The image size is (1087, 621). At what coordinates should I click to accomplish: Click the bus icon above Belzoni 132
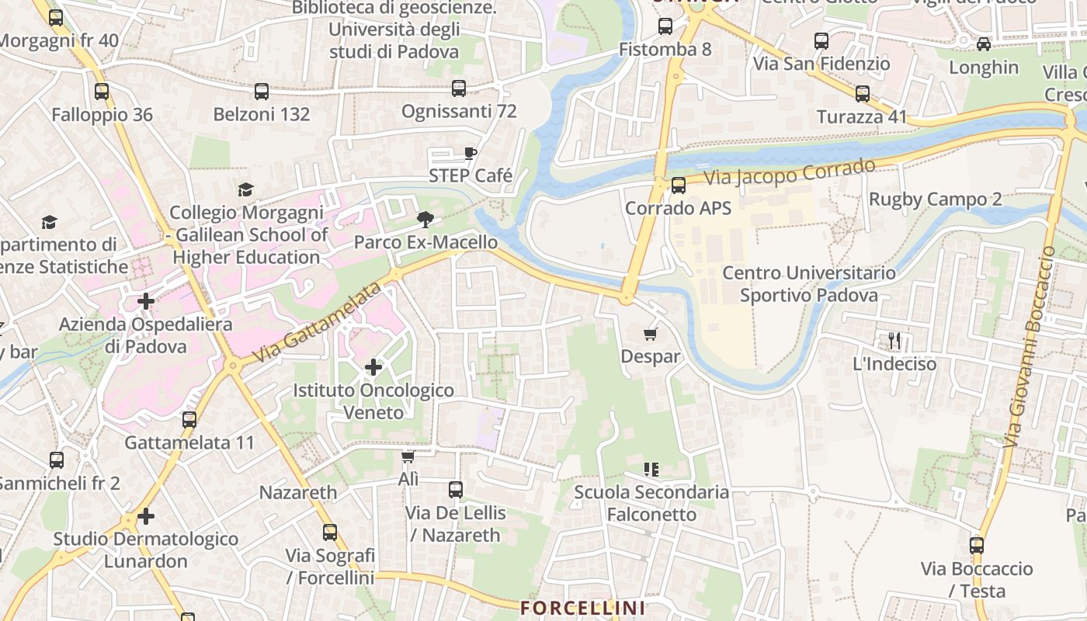(262, 92)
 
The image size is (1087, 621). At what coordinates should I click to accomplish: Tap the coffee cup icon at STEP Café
(470, 153)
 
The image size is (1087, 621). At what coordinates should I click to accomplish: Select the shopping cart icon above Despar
(650, 334)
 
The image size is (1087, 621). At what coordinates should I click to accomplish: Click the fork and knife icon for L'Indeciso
(894, 340)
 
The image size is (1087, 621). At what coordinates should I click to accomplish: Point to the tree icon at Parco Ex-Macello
(425, 220)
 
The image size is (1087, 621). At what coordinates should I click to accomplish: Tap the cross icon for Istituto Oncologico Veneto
(373, 366)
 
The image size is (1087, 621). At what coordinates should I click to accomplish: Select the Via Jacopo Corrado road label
(790, 172)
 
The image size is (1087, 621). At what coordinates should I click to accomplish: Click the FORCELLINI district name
(582, 607)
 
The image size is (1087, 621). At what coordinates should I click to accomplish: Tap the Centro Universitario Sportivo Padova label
(808, 284)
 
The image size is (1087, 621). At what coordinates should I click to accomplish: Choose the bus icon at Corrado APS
(679, 186)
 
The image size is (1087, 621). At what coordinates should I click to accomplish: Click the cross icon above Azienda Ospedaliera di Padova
(146, 300)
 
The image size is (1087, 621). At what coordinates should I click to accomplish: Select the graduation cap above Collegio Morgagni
(246, 189)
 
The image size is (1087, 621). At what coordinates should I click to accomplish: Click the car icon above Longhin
(984, 44)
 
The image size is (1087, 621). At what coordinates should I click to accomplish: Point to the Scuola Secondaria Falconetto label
(651, 503)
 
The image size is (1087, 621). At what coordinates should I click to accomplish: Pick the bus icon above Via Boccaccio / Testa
(977, 546)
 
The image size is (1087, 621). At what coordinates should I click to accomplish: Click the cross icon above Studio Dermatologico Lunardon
(146, 515)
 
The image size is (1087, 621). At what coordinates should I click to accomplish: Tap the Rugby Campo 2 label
(935, 199)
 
